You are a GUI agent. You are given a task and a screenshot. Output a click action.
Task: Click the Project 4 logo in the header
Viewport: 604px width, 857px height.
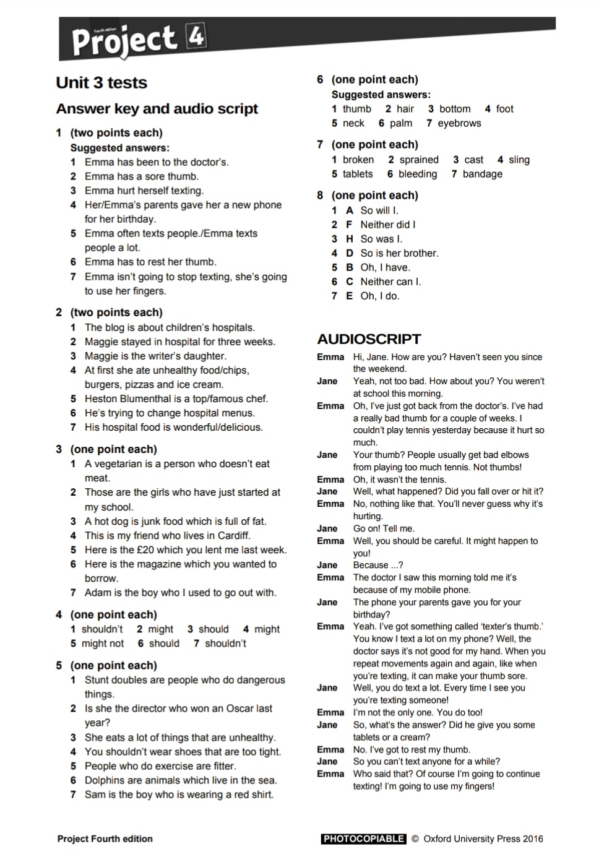[138, 40]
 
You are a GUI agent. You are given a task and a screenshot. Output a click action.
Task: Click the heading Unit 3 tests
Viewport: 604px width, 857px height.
[101, 83]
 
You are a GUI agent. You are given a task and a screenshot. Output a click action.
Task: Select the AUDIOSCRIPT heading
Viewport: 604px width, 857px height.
[369, 339]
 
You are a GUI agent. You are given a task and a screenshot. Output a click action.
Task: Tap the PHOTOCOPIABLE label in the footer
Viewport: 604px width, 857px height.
[363, 839]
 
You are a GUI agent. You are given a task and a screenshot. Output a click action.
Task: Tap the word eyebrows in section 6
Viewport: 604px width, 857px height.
[459, 123]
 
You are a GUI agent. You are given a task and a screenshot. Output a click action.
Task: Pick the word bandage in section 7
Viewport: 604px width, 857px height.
[482, 174]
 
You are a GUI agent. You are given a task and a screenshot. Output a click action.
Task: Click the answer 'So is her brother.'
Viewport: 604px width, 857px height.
[399, 253]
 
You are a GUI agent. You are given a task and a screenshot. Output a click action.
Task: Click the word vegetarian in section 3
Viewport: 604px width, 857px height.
[123, 464]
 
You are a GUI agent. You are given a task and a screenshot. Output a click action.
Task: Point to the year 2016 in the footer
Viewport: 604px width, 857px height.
[532, 839]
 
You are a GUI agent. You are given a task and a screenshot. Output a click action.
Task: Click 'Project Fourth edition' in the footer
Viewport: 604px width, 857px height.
[105, 839]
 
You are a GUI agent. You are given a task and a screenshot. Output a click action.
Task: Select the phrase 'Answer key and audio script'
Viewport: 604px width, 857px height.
[157, 109]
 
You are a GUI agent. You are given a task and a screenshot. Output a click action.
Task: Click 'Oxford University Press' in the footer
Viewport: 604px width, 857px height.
[472, 839]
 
